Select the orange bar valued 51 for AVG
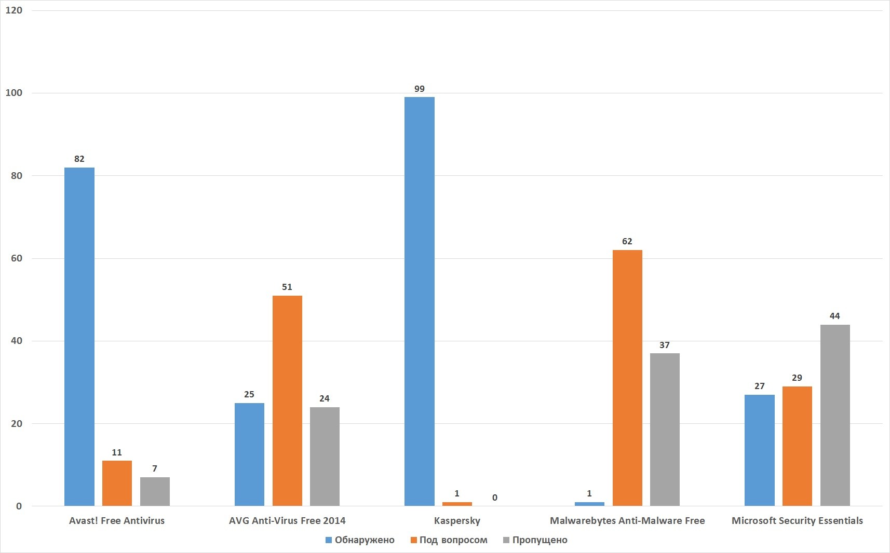(x=287, y=400)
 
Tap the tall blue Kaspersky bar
(x=419, y=301)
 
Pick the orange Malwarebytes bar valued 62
(x=627, y=378)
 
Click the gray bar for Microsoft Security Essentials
(x=835, y=415)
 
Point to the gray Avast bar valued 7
(x=155, y=491)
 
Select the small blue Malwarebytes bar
(x=589, y=504)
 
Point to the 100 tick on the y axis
(x=14, y=93)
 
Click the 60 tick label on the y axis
(x=17, y=258)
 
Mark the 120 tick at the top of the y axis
(x=14, y=10)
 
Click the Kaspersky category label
(x=457, y=521)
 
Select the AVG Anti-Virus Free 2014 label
(x=287, y=521)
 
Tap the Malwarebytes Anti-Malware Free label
(x=627, y=521)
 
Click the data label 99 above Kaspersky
(x=420, y=89)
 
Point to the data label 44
(x=835, y=316)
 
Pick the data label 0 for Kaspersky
(x=495, y=498)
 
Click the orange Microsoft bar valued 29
(x=797, y=446)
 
